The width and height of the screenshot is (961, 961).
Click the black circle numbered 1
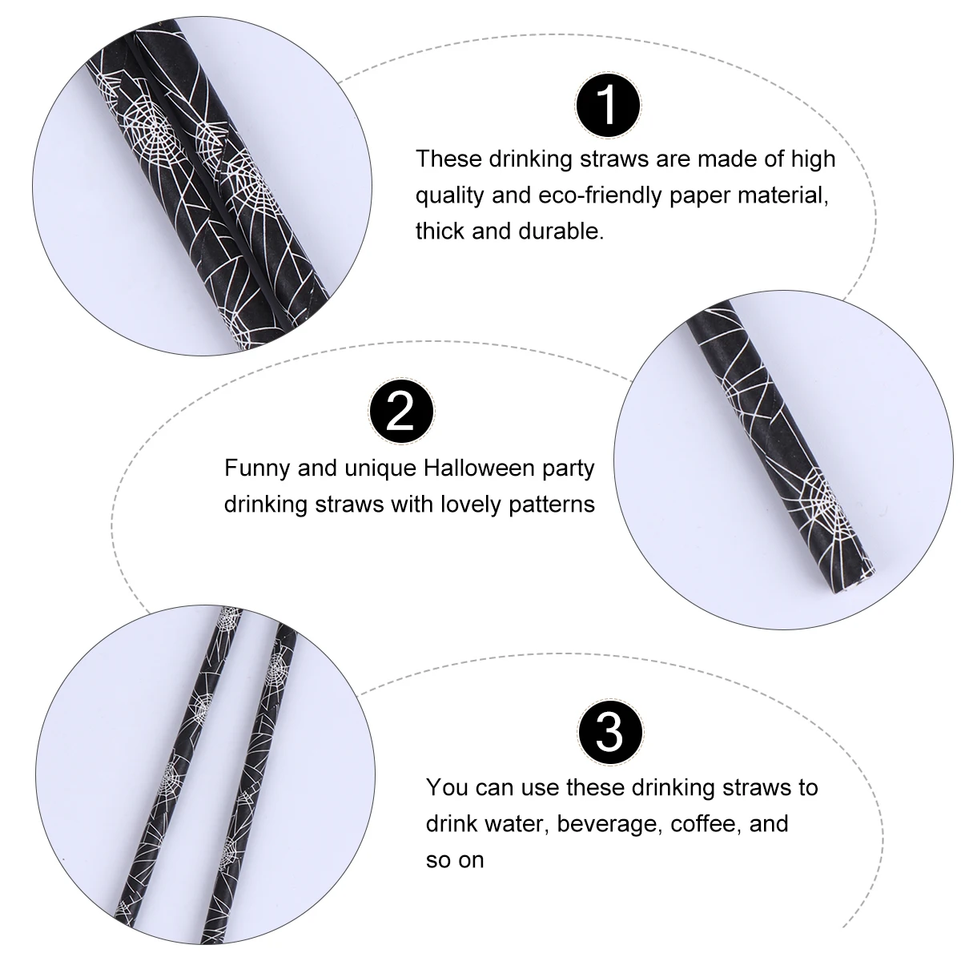click(x=608, y=104)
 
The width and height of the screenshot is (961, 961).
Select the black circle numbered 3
click(x=609, y=731)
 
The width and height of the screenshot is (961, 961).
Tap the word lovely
click(x=468, y=505)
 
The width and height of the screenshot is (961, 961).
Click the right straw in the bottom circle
click(x=248, y=769)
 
